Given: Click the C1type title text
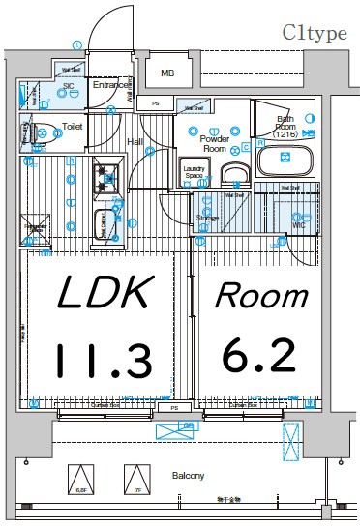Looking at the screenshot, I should tap(315, 33).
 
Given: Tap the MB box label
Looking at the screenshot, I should tap(167, 73).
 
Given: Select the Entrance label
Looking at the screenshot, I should tap(111, 85).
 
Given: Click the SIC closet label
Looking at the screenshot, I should tap(69, 86).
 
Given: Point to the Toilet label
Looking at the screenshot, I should tap(73, 126).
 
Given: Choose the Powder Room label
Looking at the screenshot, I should tap(213, 144).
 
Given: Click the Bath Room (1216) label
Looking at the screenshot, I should tap(285, 127).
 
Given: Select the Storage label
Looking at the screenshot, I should tap(206, 219).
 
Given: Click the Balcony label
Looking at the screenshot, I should tap(189, 476).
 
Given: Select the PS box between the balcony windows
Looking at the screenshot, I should tap(174, 408).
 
